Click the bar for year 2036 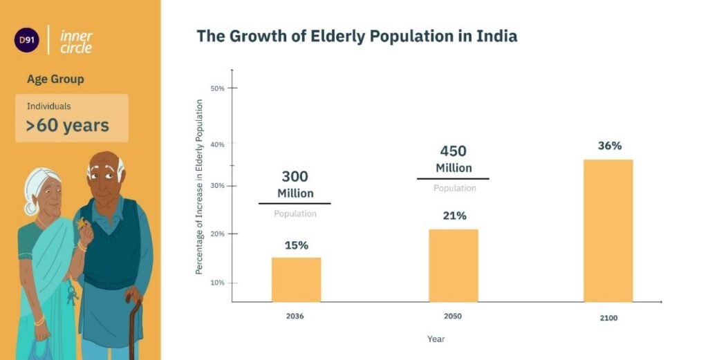pyautogui.click(x=296, y=280)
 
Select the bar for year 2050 pyautogui.click(x=454, y=266)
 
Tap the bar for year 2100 pyautogui.click(x=608, y=231)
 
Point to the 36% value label pyautogui.click(x=609, y=146)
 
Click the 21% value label pyautogui.click(x=454, y=216)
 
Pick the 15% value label pyautogui.click(x=296, y=245)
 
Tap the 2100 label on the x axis pyautogui.click(x=608, y=318)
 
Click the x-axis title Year pyautogui.click(x=436, y=339)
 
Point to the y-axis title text pyautogui.click(x=199, y=187)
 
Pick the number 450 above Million pyautogui.click(x=454, y=151)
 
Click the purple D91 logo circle pyautogui.click(x=28, y=40)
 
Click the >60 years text pyautogui.click(x=67, y=125)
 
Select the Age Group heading pyautogui.click(x=55, y=79)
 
